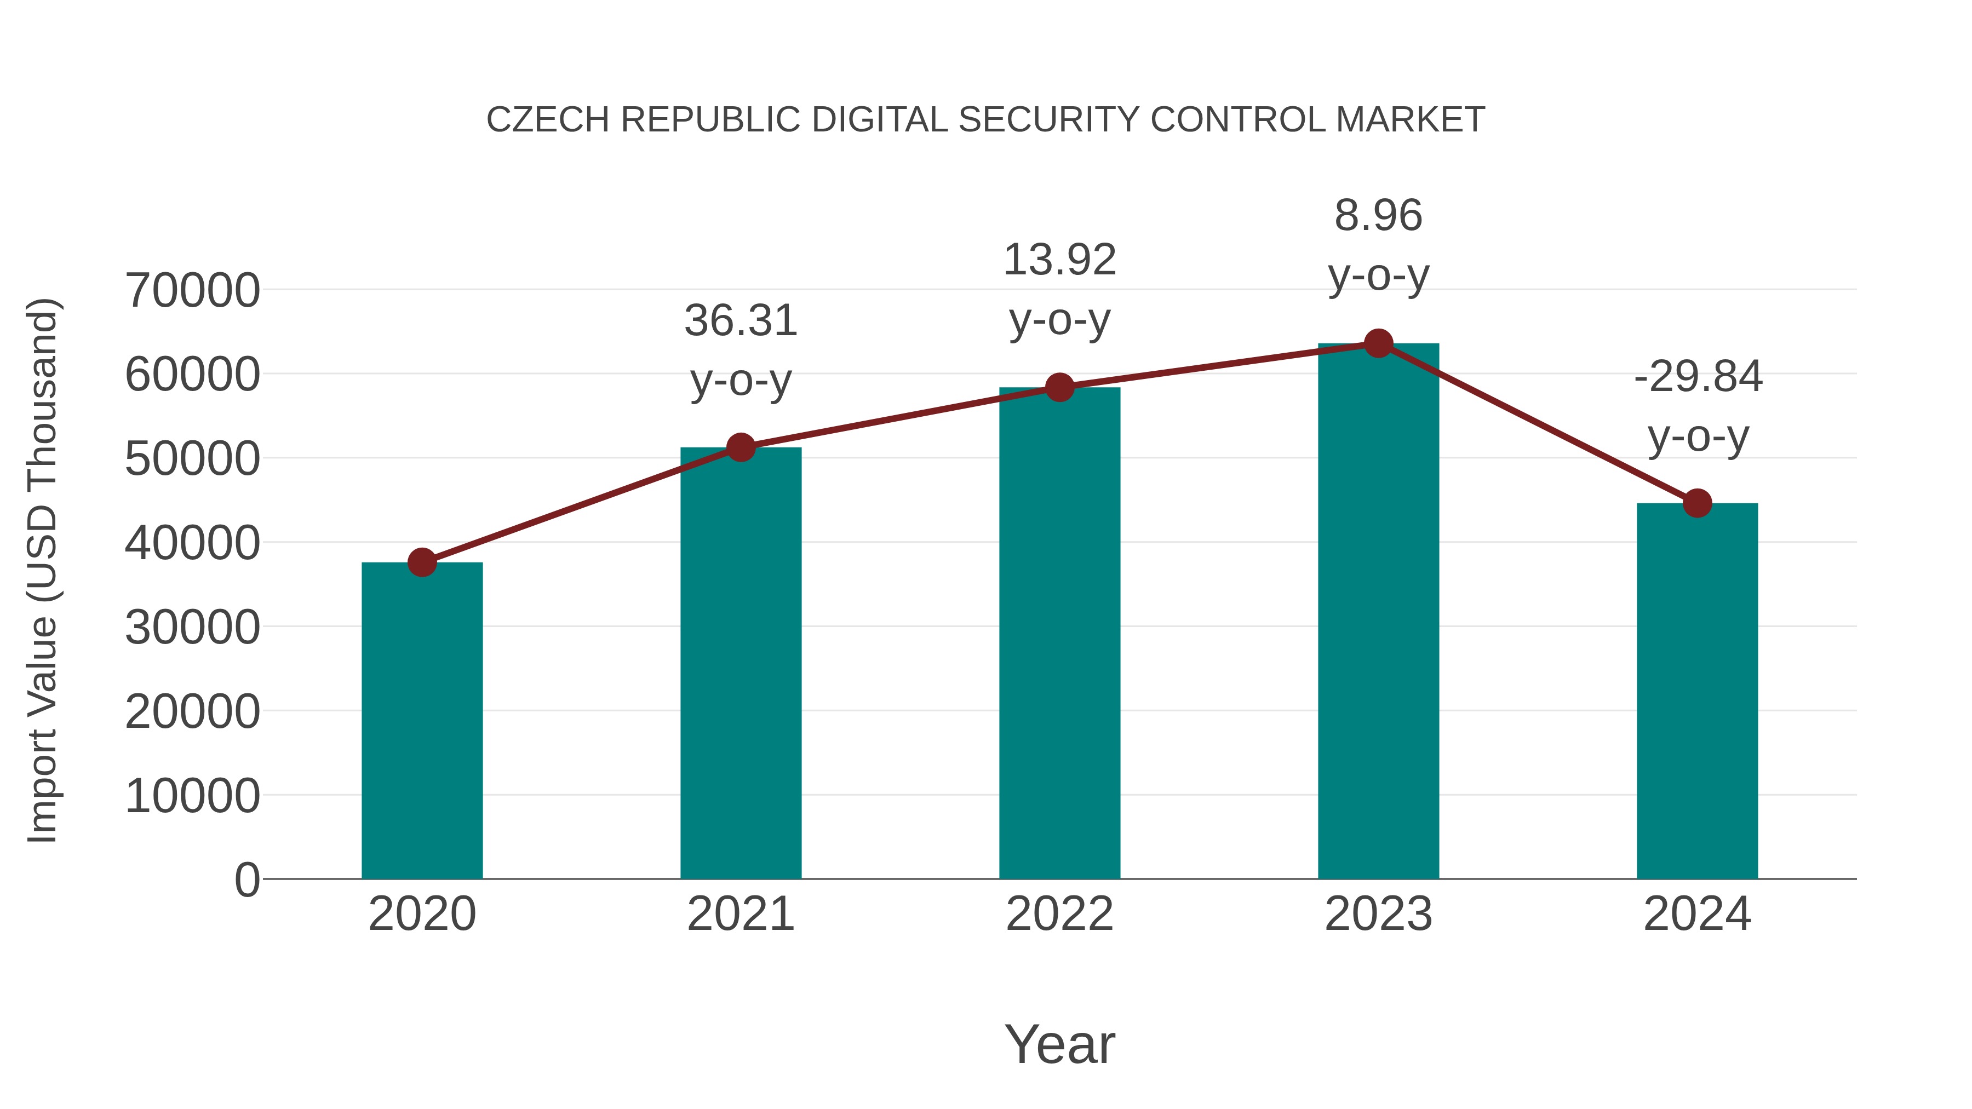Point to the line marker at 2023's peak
click(x=1379, y=343)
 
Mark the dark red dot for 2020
click(x=422, y=562)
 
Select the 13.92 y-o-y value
click(x=1059, y=260)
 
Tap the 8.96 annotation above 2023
click(x=1379, y=216)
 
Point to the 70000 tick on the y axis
click(x=192, y=291)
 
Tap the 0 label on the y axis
click(x=247, y=880)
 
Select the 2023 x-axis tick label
click(x=1379, y=914)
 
